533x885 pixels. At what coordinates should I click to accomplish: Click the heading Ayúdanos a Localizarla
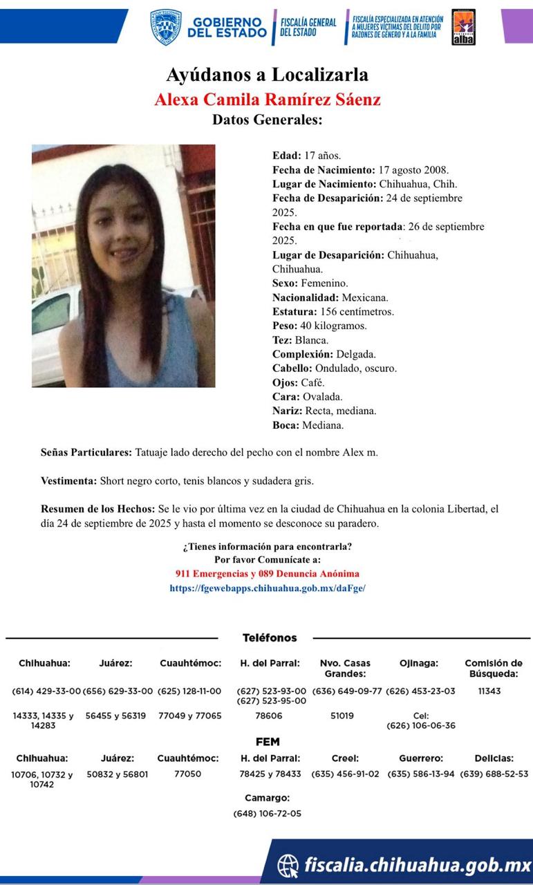pyautogui.click(x=267, y=75)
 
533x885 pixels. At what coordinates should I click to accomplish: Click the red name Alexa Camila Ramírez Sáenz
pyautogui.click(x=267, y=99)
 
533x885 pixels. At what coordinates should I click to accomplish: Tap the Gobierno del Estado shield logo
pyautogui.click(x=166, y=27)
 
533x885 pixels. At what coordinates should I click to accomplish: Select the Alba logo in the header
pyautogui.click(x=462, y=28)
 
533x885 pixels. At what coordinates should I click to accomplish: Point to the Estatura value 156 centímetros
pyautogui.click(x=354, y=311)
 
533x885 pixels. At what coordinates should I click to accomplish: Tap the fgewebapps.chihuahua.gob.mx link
pyautogui.click(x=267, y=588)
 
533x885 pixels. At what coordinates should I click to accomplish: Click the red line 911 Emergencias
pyautogui.click(x=267, y=574)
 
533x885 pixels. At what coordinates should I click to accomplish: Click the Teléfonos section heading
pyautogui.click(x=269, y=637)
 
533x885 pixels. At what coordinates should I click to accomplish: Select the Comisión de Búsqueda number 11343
pyautogui.click(x=489, y=691)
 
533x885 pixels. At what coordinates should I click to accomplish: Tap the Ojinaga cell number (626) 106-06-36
pyautogui.click(x=420, y=726)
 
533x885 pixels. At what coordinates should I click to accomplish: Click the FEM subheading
pyautogui.click(x=268, y=742)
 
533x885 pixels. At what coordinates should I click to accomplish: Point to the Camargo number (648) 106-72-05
pyautogui.click(x=267, y=814)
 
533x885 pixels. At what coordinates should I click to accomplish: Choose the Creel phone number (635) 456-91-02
pyautogui.click(x=345, y=774)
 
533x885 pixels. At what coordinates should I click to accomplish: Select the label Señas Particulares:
pyautogui.click(x=86, y=452)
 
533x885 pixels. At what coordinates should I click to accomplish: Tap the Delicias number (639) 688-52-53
pyautogui.click(x=494, y=774)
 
